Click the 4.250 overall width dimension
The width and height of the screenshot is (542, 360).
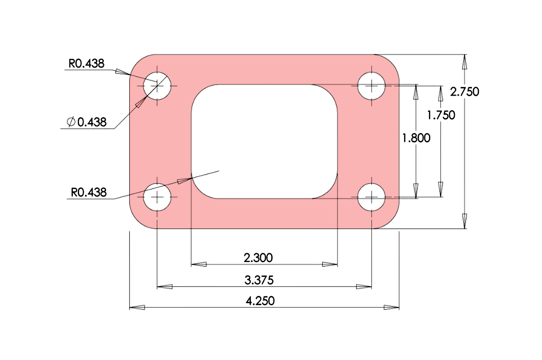260,301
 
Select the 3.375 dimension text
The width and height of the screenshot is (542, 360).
259,280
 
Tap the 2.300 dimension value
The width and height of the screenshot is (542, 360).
258,258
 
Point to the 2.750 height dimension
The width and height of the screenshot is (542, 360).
465,92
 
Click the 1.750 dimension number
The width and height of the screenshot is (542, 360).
441,115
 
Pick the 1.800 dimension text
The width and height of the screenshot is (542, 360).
416,138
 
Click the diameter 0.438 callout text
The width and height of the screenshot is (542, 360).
92,122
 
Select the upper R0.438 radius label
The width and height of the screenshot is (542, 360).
86,63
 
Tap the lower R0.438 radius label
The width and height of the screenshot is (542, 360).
89,192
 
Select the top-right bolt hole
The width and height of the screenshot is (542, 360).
371,86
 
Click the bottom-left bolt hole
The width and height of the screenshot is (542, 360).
157,197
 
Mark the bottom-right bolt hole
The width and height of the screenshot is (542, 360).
371,197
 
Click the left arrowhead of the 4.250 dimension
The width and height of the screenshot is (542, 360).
137,307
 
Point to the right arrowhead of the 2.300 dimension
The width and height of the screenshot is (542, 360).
330,264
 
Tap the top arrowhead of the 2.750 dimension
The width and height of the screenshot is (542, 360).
465,62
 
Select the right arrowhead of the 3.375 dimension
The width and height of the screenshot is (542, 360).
364,287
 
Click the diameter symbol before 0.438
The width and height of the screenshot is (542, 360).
71,122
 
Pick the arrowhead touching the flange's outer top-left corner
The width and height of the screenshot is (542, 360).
122,72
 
